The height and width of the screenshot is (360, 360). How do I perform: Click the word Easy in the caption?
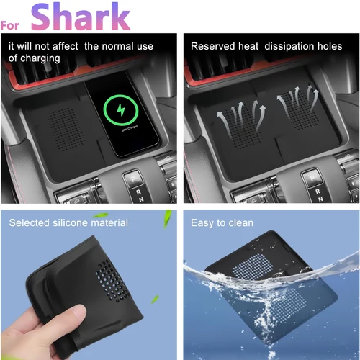point(202,222)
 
